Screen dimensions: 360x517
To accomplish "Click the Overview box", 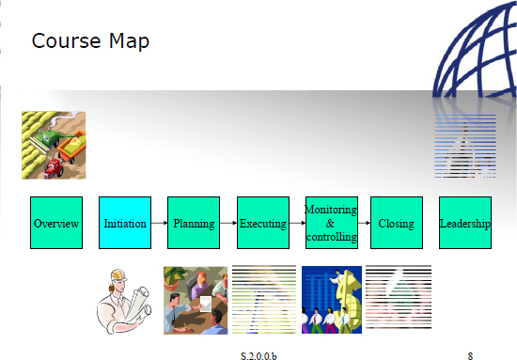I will tap(56, 223).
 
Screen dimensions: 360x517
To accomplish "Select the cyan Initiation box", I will tap(125, 223).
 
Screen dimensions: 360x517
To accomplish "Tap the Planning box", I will tap(194, 223).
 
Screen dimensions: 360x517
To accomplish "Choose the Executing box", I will tap(262, 223).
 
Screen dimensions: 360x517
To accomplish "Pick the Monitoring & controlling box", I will tap(331, 223).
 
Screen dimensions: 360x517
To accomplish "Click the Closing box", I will tap(396, 223).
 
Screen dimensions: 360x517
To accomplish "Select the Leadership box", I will tap(465, 223).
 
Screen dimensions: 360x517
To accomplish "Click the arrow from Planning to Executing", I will tap(227, 224).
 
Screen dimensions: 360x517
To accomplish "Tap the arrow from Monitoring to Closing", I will tap(364, 224).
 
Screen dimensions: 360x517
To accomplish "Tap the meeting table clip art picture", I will tap(196, 300).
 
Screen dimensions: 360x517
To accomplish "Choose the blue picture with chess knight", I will tap(332, 300).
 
